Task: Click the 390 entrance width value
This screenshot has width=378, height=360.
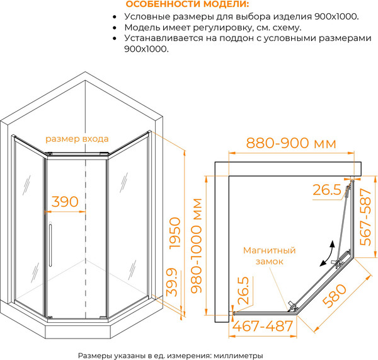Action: tap(64, 202)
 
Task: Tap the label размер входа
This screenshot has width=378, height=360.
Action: tap(77, 139)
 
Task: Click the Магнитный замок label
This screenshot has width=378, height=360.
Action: tap(270, 255)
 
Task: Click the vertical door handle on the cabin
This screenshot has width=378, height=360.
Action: tap(49, 247)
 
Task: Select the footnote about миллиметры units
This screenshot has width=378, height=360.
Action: tap(170, 354)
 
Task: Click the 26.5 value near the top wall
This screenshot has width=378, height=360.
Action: tap(327, 189)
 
